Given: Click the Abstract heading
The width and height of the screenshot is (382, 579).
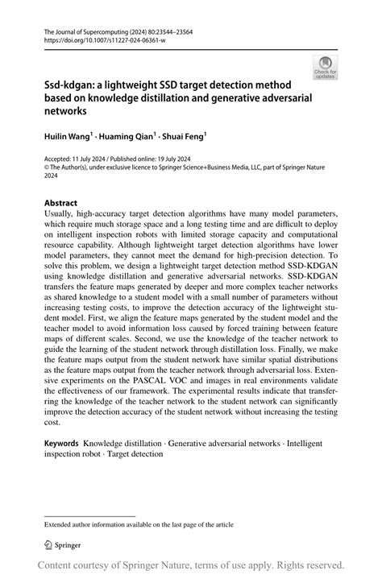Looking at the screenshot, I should (60, 203).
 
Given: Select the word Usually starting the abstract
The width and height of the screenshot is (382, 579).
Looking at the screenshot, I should (60, 214).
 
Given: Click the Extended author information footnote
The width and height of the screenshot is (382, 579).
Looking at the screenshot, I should (139, 523).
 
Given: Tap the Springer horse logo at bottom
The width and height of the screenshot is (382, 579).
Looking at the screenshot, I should (49, 545).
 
